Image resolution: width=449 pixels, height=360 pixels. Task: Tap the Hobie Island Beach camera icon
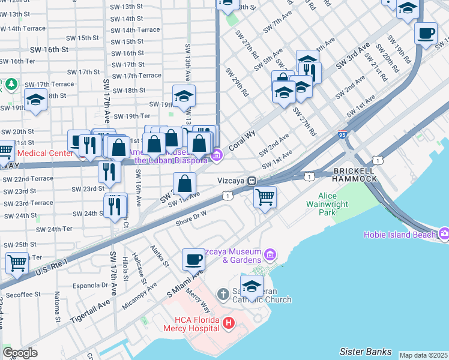click(x=444, y=234)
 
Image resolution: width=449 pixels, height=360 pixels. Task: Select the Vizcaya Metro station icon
click(x=253, y=181)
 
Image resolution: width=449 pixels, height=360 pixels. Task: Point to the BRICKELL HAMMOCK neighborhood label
click(x=355, y=176)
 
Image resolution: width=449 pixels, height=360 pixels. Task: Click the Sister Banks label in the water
click(x=366, y=352)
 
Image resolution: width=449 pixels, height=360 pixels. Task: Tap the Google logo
click(x=20, y=353)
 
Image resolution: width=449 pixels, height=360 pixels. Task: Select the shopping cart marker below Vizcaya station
click(x=265, y=196)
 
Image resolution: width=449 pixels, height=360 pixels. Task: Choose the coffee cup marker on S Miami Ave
click(x=193, y=259)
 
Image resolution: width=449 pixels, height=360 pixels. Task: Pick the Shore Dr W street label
click(x=191, y=217)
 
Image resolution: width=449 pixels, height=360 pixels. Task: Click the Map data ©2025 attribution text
click(x=423, y=355)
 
